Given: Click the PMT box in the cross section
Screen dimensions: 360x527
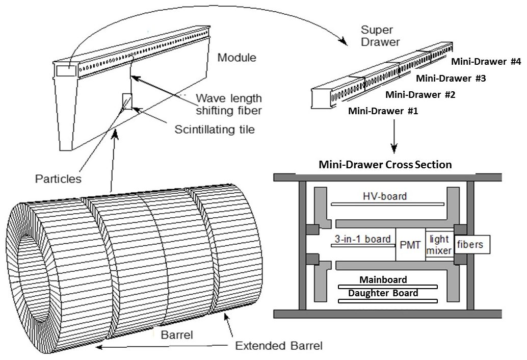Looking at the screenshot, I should tap(410, 245).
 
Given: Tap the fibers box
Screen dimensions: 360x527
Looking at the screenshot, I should tap(469, 245).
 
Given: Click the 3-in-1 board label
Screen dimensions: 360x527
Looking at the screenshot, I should tap(362, 239).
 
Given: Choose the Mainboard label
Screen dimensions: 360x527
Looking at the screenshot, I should tap(383, 279).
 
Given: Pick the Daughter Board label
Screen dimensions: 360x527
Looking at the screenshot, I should tap(383, 293).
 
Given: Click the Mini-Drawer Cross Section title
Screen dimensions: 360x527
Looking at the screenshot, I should tap(385, 164).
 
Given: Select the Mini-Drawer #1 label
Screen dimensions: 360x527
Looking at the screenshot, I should tap(383, 111).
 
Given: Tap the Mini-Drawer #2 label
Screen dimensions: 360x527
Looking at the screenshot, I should tap(420, 94).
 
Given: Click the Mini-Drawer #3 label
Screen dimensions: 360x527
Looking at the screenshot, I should tap(451, 78).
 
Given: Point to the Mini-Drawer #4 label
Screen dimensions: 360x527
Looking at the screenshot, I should tap(486, 62).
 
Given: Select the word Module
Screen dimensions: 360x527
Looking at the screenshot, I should tap(236, 57).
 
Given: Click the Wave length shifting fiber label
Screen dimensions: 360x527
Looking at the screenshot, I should tap(229, 104).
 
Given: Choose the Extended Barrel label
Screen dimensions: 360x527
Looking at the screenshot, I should tap(279, 346).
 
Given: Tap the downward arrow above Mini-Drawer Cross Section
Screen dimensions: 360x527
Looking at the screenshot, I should tap(394, 138).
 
